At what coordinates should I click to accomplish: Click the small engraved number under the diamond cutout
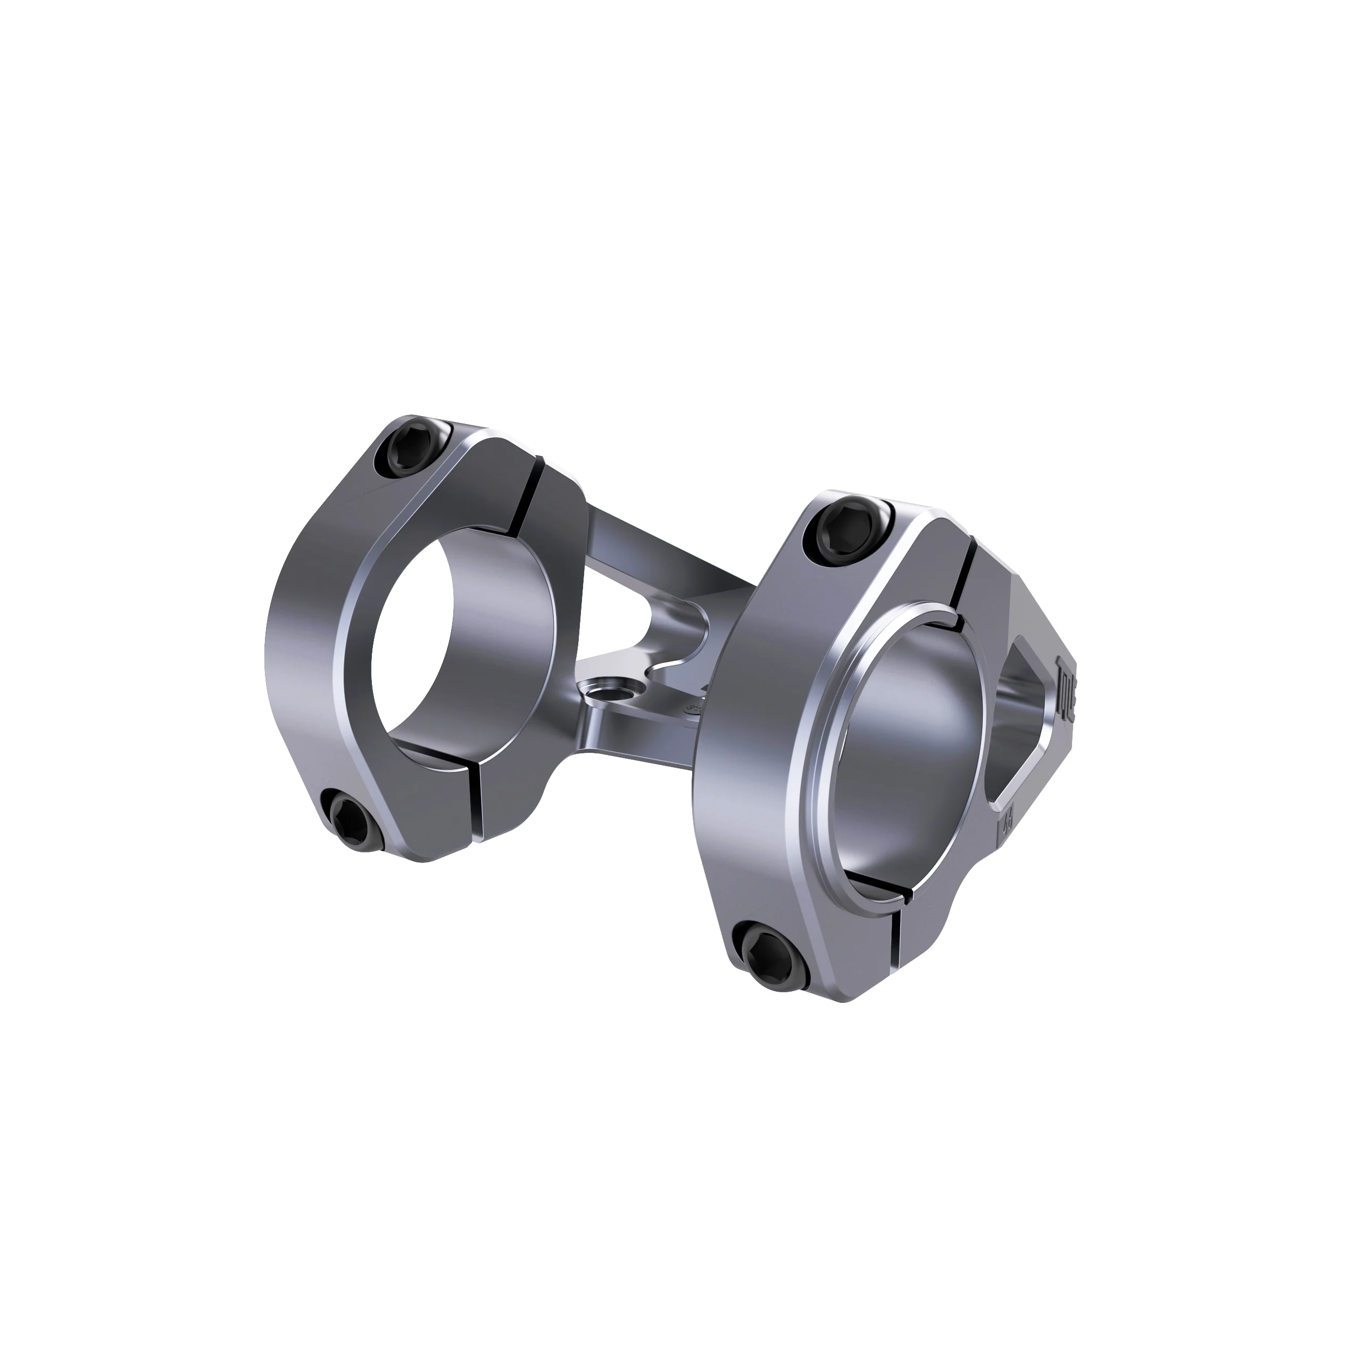pyautogui.click(x=1004, y=822)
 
